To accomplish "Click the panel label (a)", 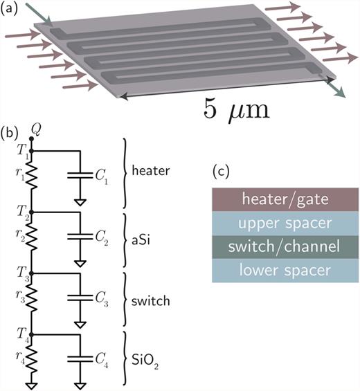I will click(11, 10).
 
